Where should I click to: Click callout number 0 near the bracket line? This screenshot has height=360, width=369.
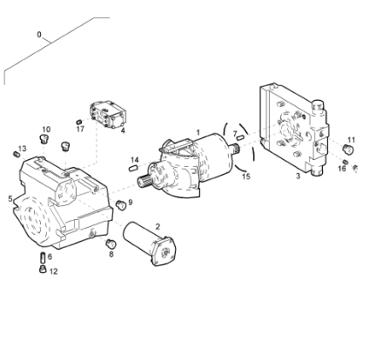tap(39, 35)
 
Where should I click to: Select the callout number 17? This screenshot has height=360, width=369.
tap(80, 129)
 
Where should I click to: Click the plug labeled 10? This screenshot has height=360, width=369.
tap(44, 139)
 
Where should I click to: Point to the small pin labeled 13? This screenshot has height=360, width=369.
tap(17, 155)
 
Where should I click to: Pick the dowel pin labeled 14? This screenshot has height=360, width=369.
tap(133, 168)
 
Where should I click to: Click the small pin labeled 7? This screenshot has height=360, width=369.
tap(240, 138)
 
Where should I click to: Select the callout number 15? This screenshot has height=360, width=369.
tap(246, 177)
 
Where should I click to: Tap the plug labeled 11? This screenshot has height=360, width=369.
tap(347, 149)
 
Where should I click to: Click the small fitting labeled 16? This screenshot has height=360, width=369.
tap(346, 162)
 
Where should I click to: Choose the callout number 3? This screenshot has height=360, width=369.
tap(298, 176)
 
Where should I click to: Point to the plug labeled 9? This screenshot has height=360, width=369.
tap(121, 204)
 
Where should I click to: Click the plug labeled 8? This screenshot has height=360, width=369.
tap(111, 243)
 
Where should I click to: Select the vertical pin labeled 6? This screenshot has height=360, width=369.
tap(43, 257)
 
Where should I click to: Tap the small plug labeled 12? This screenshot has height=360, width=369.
tap(43, 269)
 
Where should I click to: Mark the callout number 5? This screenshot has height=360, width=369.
tap(10, 199)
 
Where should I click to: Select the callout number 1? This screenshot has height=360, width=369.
tap(198, 132)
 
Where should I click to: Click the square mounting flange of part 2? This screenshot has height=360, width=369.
tap(164, 251)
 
